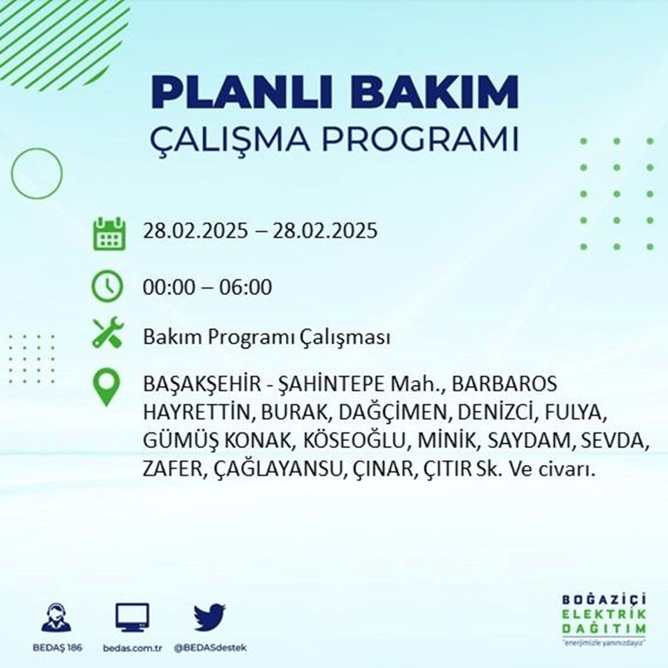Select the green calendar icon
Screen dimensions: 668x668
coord(108,232)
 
